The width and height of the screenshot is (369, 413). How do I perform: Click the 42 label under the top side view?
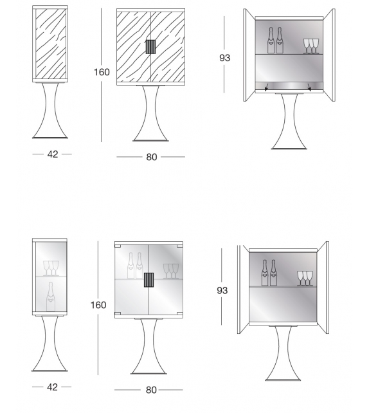52,154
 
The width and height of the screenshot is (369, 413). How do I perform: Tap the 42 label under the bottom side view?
52,387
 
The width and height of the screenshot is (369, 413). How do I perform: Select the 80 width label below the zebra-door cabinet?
150,156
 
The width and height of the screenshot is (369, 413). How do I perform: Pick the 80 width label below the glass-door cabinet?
150,390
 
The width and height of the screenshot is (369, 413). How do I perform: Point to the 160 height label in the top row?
102,72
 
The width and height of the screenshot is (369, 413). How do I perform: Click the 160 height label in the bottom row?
98,305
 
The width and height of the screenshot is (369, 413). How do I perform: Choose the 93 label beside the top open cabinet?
224,57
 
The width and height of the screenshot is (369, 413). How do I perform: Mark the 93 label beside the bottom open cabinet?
222,291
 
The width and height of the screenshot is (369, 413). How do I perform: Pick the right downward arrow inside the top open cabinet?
309,87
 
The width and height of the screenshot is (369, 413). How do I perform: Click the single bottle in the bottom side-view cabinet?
50,297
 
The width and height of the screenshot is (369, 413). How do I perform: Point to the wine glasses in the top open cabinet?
310,46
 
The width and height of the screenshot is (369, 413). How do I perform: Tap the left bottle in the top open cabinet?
271,41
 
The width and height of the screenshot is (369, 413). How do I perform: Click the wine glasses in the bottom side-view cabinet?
50,268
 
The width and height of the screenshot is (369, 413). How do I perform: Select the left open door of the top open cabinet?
249,55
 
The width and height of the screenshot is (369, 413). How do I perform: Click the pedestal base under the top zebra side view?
51,111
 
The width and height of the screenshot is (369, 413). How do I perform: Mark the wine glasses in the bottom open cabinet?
303,278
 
